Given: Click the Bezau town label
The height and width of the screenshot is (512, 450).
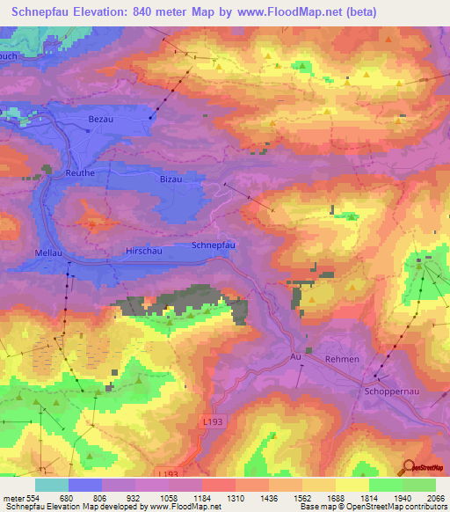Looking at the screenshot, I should tap(102, 118).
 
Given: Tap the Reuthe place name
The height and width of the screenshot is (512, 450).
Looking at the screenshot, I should tap(80, 173).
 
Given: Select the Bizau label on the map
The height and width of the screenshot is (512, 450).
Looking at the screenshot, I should tap(171, 179).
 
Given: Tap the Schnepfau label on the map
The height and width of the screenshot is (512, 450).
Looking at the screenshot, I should tap(213, 246).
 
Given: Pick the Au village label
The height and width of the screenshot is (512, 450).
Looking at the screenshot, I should tap(295, 358).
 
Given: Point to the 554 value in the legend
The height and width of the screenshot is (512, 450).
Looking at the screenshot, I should tap(33, 498).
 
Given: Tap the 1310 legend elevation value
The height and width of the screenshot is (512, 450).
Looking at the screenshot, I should tap(234, 498).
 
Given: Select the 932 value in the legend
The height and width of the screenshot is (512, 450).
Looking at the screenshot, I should tap(134, 498).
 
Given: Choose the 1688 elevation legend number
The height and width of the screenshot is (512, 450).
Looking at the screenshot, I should tap(334, 498).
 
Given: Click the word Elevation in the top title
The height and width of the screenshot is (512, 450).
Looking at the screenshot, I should tap(100, 11).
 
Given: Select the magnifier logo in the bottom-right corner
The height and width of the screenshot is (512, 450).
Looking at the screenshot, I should tap(409, 469).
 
